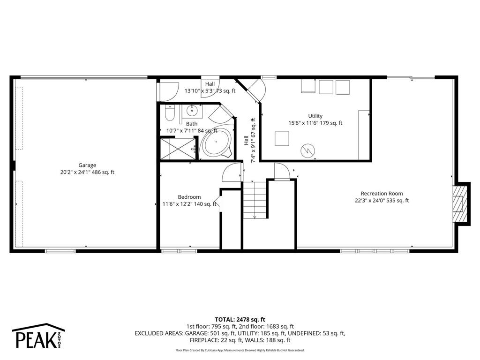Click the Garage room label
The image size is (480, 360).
tap(87, 165)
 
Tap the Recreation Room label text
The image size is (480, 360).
tap(382, 193)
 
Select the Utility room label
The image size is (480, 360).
tap(315, 116)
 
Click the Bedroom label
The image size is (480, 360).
tap(189, 197)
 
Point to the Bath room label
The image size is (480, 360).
tap(179, 124)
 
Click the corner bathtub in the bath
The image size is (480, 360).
tap(216, 143)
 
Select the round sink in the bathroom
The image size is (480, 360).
tap(192, 112)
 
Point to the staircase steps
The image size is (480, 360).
tap(255, 199)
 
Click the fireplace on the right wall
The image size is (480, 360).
tap(461, 202)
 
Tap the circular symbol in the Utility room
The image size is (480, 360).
tap(308, 150)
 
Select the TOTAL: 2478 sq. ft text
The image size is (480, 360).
tap(240, 319)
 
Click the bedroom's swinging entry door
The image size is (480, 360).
tap(232, 172)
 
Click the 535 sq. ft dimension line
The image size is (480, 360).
tap(382, 201)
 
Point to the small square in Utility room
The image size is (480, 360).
tap(282, 139)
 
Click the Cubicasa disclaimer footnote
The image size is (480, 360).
tap(240, 350)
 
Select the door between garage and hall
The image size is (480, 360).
tap(168, 91)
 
